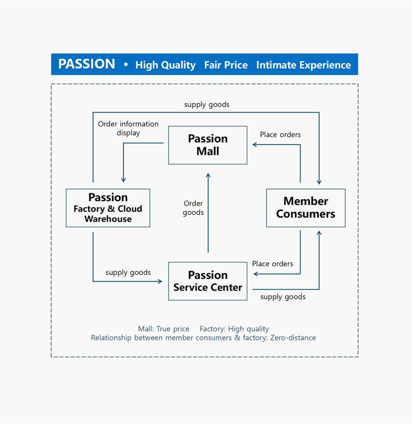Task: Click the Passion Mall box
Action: point(208,145)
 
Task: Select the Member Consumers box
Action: point(306,208)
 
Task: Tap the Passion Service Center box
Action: point(208,281)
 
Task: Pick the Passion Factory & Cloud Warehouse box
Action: point(108,208)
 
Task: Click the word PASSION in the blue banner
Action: point(87,64)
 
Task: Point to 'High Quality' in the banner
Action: point(165,65)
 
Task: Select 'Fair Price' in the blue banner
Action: point(226,65)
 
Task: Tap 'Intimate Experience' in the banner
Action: point(304,65)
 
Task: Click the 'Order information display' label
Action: point(128,128)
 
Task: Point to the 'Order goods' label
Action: point(193,208)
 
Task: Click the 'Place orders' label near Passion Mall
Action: point(280,135)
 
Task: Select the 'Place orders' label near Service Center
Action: point(273,264)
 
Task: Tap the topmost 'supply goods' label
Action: point(207,104)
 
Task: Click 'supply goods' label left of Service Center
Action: point(128,272)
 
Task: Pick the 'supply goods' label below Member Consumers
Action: point(283,297)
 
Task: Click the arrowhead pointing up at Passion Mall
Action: point(208,175)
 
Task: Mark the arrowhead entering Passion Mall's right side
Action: point(255,145)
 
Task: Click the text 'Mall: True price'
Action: point(164,329)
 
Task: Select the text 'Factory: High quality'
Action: point(234,329)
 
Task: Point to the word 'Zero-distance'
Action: point(293,338)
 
